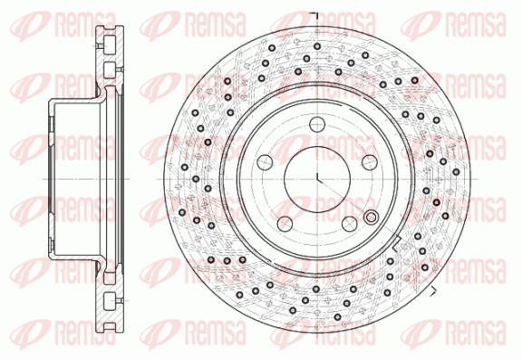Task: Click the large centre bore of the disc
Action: (x=317, y=180)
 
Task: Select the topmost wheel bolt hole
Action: (x=317, y=124)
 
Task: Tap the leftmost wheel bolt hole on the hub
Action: (x=265, y=162)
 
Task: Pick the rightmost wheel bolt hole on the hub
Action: (x=370, y=162)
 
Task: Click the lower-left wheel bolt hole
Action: (x=285, y=224)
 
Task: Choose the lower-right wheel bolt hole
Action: (x=350, y=224)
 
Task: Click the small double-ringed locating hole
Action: (x=371, y=218)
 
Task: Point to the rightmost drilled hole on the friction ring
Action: (x=456, y=172)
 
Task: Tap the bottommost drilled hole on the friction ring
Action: (x=337, y=316)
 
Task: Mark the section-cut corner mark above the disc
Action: (x=315, y=16)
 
